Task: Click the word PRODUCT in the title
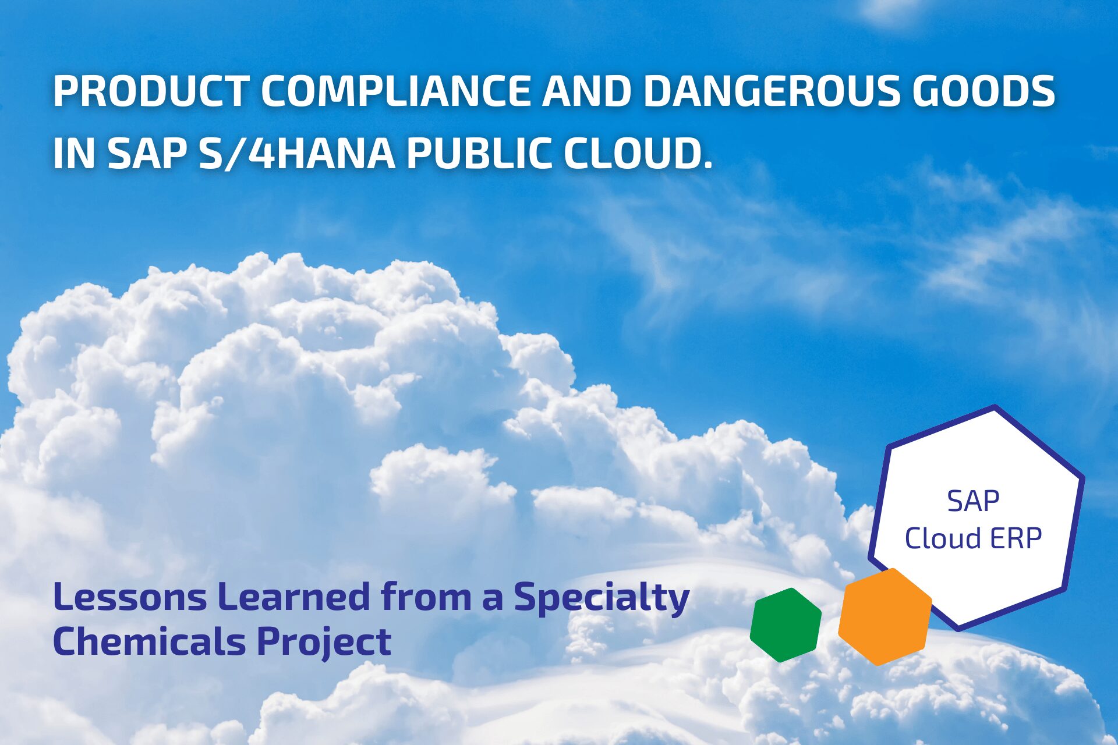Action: click(150, 91)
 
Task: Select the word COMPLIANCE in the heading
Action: click(395, 91)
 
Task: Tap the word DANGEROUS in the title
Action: click(772, 91)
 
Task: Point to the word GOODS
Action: click(983, 91)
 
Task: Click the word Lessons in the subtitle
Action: click(130, 597)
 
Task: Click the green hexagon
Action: click(786, 625)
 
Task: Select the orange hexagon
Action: click(885, 617)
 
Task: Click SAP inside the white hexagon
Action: click(973, 501)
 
